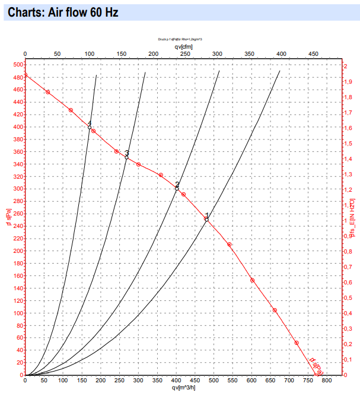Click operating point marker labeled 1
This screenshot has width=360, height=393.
[x=206, y=220]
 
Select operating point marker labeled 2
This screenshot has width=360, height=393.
[x=177, y=188]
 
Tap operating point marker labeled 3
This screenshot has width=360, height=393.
[x=126, y=157]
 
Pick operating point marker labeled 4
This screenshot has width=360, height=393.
[x=90, y=127]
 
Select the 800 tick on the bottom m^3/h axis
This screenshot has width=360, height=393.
[x=327, y=381]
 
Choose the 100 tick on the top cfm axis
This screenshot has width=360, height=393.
[x=90, y=54]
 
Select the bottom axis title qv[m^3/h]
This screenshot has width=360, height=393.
[x=184, y=388]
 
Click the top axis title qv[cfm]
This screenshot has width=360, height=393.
[x=184, y=46]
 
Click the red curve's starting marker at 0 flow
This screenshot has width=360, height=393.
[x=25, y=75]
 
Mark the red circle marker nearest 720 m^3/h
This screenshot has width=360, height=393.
[x=297, y=343]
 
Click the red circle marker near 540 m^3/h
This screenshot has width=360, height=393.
[x=229, y=245]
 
